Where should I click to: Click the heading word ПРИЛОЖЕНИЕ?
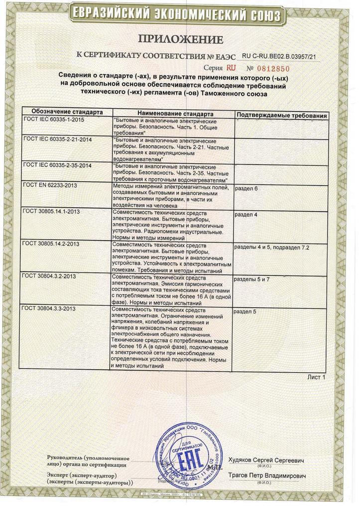(x=180, y=39)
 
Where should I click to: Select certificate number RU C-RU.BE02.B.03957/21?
(x=279, y=57)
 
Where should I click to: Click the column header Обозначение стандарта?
(x=67, y=113)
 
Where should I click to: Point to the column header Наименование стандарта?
(x=174, y=114)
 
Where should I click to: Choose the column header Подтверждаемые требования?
(x=281, y=116)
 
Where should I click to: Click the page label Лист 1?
(x=316, y=378)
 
